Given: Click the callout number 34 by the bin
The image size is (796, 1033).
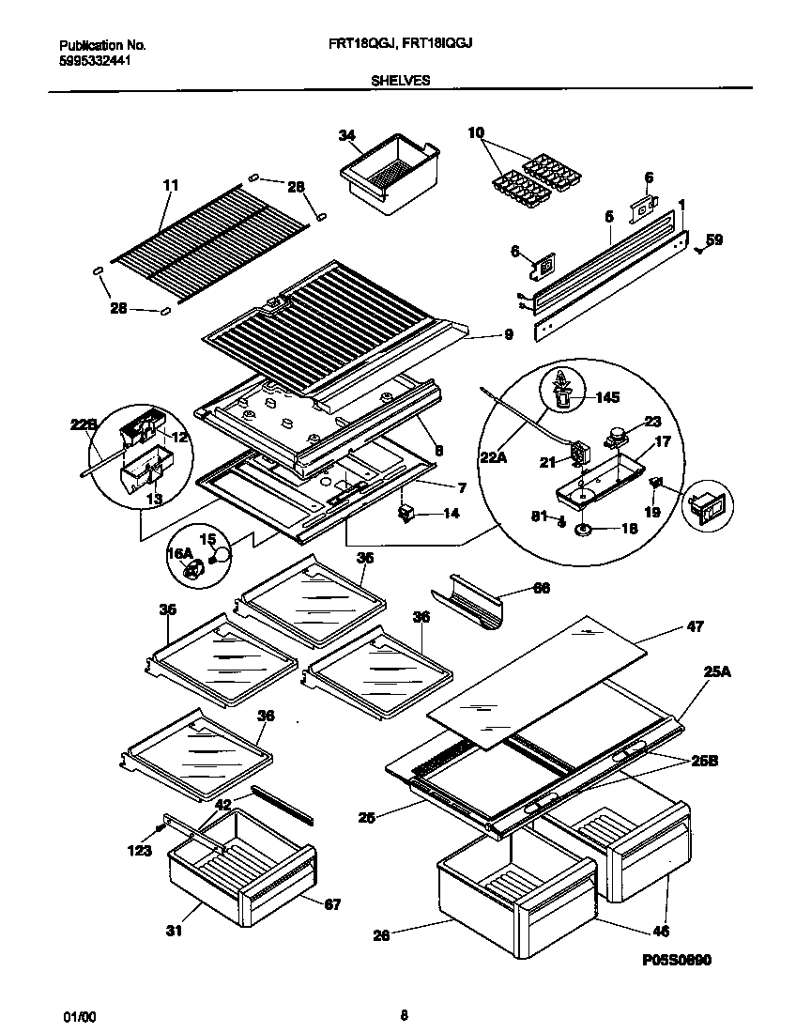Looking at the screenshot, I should click(346, 136).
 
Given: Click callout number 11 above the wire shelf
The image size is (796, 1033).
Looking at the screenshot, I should click(170, 186).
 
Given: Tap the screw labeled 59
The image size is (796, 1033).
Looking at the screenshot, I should click(697, 250).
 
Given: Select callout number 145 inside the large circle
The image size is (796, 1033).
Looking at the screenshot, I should click(607, 397).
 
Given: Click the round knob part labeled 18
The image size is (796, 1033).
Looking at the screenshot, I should click(584, 531).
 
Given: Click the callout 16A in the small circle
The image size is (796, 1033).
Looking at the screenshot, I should click(179, 555).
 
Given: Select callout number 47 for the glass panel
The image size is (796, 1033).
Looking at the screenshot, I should click(694, 626).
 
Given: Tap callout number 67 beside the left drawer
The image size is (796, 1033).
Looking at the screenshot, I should click(332, 904).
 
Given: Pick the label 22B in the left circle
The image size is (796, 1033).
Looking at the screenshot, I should click(84, 424).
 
